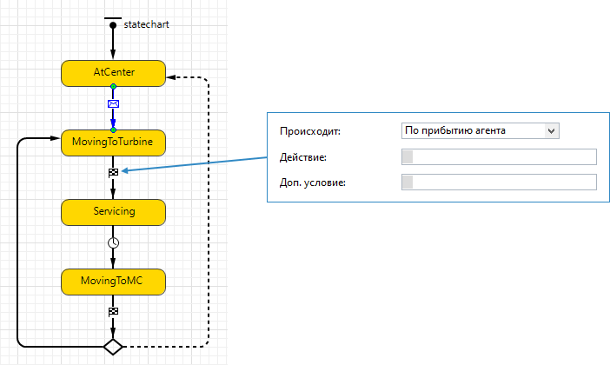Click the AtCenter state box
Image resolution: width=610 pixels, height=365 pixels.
113,73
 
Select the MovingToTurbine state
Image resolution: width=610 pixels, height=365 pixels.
113,143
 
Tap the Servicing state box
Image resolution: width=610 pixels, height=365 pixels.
113,212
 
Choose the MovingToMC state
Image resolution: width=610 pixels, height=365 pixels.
113,282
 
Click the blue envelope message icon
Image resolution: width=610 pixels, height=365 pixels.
113,104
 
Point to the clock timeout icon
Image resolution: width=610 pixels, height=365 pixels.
113,242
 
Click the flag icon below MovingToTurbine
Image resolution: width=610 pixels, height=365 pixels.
113,172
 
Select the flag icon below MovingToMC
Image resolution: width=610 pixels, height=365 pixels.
113,311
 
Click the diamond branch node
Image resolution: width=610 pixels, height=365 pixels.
113,347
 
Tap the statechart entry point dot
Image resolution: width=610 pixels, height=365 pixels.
113,26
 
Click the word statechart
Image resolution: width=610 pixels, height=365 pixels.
146,24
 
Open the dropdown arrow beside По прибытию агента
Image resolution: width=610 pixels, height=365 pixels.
551,130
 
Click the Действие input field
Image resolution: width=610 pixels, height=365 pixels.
499,156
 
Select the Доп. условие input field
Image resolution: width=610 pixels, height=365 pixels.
499,182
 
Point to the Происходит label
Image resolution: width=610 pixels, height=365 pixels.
310,131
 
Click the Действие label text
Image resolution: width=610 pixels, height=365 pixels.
303,157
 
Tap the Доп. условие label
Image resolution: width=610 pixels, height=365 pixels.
313,182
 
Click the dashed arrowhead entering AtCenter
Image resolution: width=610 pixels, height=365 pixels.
170,77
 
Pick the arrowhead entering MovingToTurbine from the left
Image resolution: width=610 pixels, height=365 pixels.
56,138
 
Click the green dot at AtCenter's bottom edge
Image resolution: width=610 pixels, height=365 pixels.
113,86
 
